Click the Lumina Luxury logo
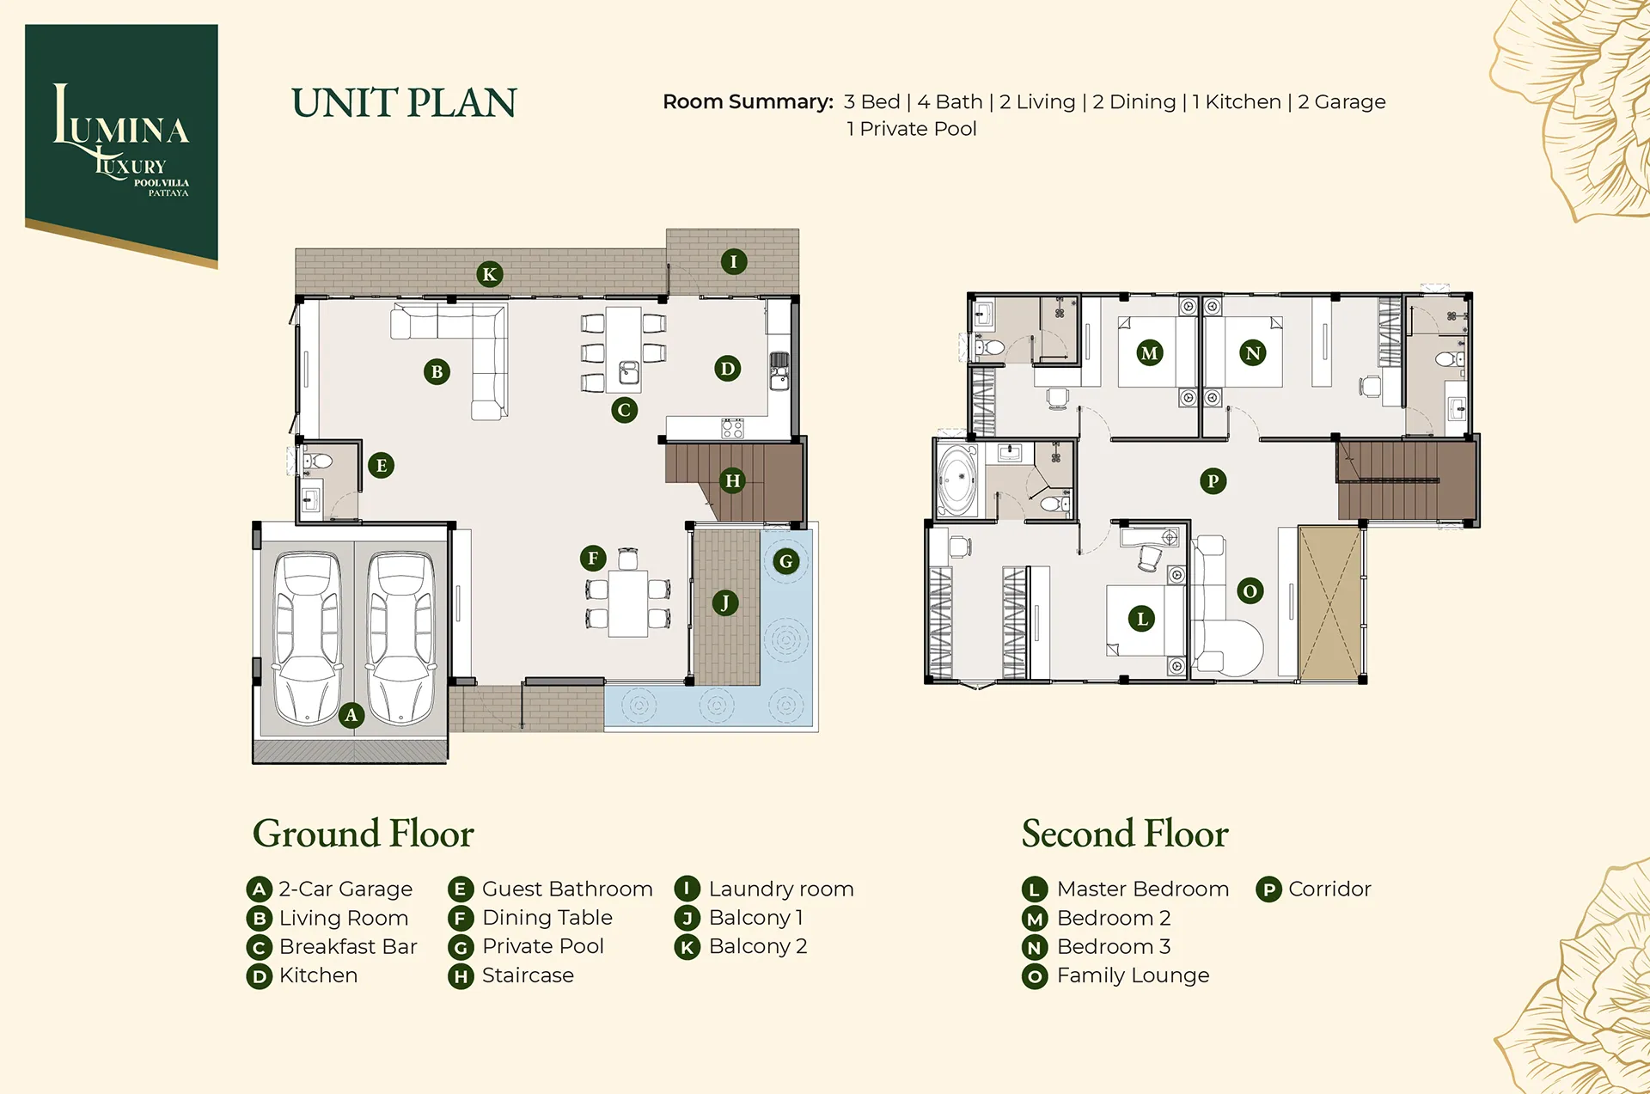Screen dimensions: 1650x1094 121,143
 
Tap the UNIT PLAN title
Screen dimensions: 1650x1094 404,103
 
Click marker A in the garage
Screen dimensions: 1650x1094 351,715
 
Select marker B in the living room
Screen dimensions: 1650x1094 437,372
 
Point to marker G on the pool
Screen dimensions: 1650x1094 785,562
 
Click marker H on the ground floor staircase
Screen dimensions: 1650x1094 732,480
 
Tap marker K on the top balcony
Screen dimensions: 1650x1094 489,274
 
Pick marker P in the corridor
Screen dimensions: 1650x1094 1213,481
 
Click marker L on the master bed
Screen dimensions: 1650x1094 1141,619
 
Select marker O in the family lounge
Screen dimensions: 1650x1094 1250,591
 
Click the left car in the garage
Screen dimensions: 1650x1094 307,638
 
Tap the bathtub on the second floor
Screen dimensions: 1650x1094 957,480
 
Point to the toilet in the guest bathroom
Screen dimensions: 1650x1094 318,461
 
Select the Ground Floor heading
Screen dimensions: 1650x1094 363,834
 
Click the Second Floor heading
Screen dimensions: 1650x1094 1125,834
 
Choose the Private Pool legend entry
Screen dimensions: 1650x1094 526,946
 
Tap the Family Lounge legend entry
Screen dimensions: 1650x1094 1115,975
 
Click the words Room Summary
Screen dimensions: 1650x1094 748,102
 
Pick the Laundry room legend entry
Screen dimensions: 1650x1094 764,889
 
